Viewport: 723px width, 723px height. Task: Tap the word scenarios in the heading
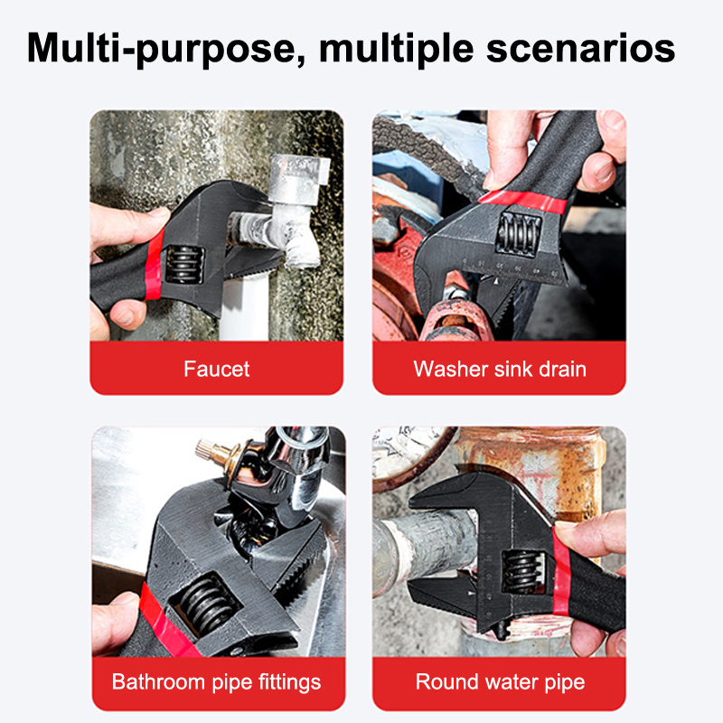pyautogui.click(x=580, y=48)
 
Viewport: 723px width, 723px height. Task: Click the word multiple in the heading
pyautogui.click(x=396, y=49)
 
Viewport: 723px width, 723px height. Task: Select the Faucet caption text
pyautogui.click(x=216, y=369)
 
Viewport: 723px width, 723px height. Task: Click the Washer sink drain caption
pyautogui.click(x=500, y=369)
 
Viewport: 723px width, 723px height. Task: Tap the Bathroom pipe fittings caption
pyautogui.click(x=216, y=682)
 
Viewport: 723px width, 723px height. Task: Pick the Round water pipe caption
pyautogui.click(x=500, y=682)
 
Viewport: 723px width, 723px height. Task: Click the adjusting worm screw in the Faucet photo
pyautogui.click(x=185, y=264)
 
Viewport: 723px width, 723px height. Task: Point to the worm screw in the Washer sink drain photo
pyautogui.click(x=518, y=233)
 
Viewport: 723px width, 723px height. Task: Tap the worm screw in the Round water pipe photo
pyautogui.click(x=523, y=572)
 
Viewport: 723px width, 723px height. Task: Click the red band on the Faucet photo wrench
pyautogui.click(x=155, y=266)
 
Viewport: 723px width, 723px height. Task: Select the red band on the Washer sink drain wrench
pyautogui.click(x=523, y=200)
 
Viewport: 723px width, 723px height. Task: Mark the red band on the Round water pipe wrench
pyautogui.click(x=561, y=572)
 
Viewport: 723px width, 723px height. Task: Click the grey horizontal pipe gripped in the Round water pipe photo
pyautogui.click(x=424, y=548)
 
